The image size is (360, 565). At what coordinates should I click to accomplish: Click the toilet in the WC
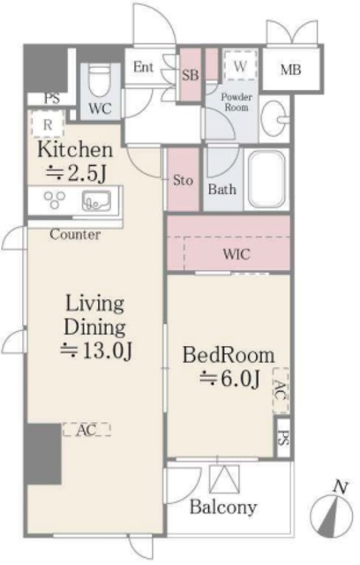[101, 81]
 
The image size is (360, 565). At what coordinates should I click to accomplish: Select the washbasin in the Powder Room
[274, 118]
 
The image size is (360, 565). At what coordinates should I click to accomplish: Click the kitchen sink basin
[96, 200]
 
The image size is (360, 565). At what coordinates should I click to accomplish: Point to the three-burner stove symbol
[55, 200]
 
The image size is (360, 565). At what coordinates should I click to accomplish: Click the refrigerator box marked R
[48, 124]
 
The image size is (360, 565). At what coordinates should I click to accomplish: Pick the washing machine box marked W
[240, 65]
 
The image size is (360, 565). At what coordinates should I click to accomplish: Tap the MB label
[290, 70]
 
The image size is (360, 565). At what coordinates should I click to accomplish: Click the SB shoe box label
[190, 75]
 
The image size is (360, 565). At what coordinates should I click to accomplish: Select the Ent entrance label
[143, 67]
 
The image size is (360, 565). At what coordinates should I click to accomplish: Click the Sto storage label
[183, 180]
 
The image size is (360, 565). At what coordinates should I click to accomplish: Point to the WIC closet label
[236, 254]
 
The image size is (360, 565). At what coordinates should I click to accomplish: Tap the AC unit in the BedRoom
[281, 390]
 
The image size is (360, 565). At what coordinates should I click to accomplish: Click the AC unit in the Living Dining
[86, 430]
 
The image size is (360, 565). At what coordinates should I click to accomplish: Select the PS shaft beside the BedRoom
[283, 437]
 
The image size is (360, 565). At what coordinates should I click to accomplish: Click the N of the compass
[341, 486]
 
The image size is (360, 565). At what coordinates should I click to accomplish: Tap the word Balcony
[223, 508]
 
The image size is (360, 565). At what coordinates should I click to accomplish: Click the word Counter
[75, 235]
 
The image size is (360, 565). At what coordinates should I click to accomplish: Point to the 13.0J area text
[96, 350]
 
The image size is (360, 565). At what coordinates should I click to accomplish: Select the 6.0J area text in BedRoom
[230, 379]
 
